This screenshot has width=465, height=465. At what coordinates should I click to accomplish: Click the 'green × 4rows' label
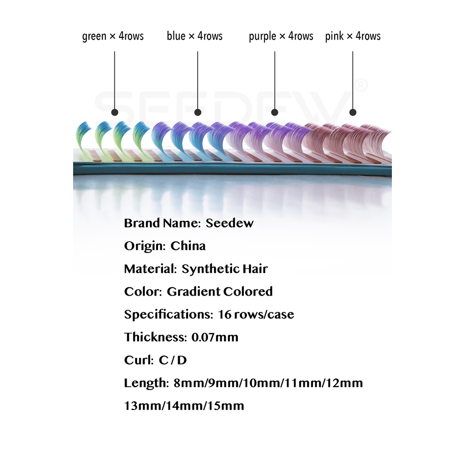pyautogui.click(x=113, y=36)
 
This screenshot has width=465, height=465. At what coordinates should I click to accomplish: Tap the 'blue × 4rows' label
pyautogui.click(x=194, y=36)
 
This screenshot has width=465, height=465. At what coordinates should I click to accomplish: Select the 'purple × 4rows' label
pyautogui.click(x=281, y=36)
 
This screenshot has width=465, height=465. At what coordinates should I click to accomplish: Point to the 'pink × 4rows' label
pyautogui.click(x=352, y=36)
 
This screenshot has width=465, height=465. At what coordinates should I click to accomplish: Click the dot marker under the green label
pyautogui.click(x=115, y=113)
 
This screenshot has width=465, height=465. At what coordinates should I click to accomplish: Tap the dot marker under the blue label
pyautogui.click(x=198, y=113)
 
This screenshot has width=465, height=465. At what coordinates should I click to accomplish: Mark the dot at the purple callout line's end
pyautogui.click(x=275, y=113)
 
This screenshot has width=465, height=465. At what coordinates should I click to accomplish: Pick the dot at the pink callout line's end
pyautogui.click(x=353, y=113)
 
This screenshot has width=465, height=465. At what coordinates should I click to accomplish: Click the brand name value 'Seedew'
pyautogui.click(x=229, y=223)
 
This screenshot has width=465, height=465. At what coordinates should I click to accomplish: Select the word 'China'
pyautogui.click(x=188, y=246)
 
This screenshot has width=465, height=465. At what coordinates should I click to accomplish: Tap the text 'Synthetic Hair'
pyautogui.click(x=224, y=269)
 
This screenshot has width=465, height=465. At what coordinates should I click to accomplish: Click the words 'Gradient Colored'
pyautogui.click(x=219, y=292)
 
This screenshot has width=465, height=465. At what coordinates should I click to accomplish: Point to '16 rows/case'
pyautogui.click(x=256, y=314)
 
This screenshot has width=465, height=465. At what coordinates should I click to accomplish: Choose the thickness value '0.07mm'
pyautogui.click(x=215, y=337)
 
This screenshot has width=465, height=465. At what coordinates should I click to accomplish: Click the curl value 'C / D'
pyautogui.click(x=173, y=360)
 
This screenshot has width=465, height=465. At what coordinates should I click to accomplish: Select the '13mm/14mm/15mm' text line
pyautogui.click(x=184, y=406)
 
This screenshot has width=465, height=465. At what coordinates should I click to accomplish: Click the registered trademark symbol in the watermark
pyautogui.click(x=361, y=85)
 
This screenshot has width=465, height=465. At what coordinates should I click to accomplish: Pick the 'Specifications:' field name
pyautogui.click(x=168, y=315)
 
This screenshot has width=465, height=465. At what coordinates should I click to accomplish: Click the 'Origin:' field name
pyautogui.click(x=145, y=246)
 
